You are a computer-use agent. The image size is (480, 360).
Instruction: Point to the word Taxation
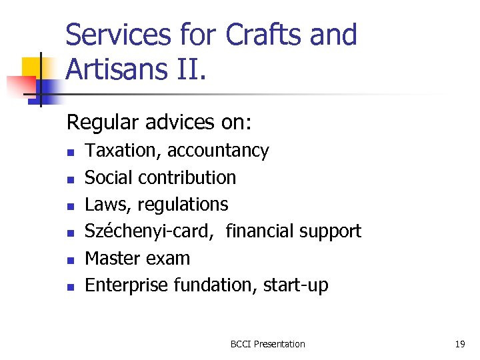(x=123, y=151)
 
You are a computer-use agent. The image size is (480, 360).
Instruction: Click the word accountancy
(x=218, y=151)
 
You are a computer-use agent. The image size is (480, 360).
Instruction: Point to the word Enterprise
(x=127, y=285)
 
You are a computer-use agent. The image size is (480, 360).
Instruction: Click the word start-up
(x=296, y=285)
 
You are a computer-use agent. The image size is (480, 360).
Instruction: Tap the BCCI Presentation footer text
(x=267, y=344)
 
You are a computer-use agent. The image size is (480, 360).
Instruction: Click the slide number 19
(x=459, y=344)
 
